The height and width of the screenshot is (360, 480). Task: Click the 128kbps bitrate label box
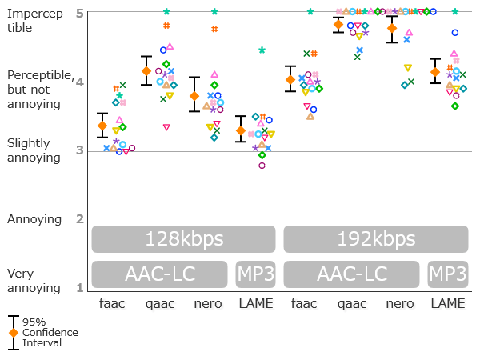click(x=183, y=239)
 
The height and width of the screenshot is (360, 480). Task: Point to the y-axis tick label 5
click(x=79, y=14)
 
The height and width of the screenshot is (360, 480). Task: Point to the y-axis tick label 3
click(x=79, y=150)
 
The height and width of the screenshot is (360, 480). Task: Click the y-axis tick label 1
click(x=79, y=287)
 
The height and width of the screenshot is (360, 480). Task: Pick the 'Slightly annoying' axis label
click(x=29, y=150)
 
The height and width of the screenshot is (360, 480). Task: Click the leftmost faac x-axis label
click(x=112, y=304)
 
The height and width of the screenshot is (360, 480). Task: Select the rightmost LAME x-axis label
click(x=447, y=304)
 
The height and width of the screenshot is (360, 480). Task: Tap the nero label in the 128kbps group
click(x=208, y=304)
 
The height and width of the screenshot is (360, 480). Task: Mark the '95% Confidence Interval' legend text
click(x=50, y=332)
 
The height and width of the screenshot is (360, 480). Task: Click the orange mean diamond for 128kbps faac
click(x=102, y=126)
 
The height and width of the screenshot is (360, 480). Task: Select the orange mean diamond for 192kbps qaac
click(x=338, y=25)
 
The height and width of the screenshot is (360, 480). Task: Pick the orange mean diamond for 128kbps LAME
click(x=241, y=130)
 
